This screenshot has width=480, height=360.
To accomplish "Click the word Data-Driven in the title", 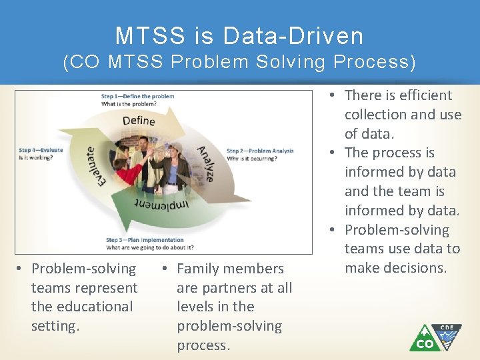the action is point(293,35).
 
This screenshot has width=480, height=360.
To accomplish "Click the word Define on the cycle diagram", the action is point(139,121).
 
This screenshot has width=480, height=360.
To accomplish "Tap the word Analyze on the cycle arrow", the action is point(205,164).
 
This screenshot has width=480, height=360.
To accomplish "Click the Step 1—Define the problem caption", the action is point(138,96).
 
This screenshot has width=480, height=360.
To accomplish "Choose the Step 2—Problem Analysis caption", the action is point(260,151).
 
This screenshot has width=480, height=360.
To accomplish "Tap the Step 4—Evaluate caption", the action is point(41,150).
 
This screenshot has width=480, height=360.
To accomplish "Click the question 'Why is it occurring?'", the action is point(252,158).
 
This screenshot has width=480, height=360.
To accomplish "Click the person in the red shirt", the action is point(128,171).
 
